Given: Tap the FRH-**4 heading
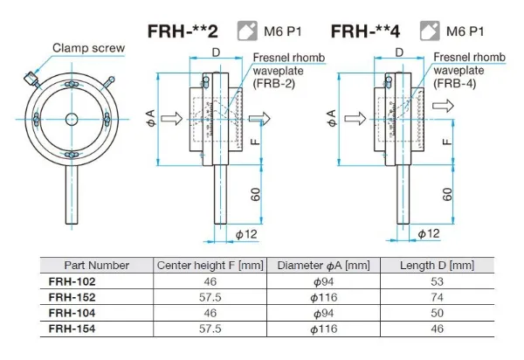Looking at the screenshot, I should (367, 31).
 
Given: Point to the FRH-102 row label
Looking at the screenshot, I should (72, 282).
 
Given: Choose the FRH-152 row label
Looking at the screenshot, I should (72, 298).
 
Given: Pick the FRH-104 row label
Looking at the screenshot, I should (72, 313).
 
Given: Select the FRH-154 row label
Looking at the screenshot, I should (72, 329).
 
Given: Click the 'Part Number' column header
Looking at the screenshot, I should (97, 265).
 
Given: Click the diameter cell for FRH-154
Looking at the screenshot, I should (323, 329).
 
